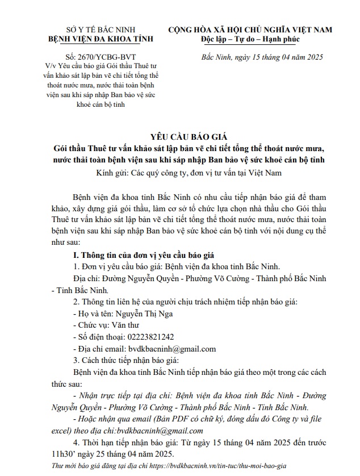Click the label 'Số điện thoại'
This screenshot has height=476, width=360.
click(x=99, y=337)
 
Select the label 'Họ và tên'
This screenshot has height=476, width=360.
click(x=95, y=313)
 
